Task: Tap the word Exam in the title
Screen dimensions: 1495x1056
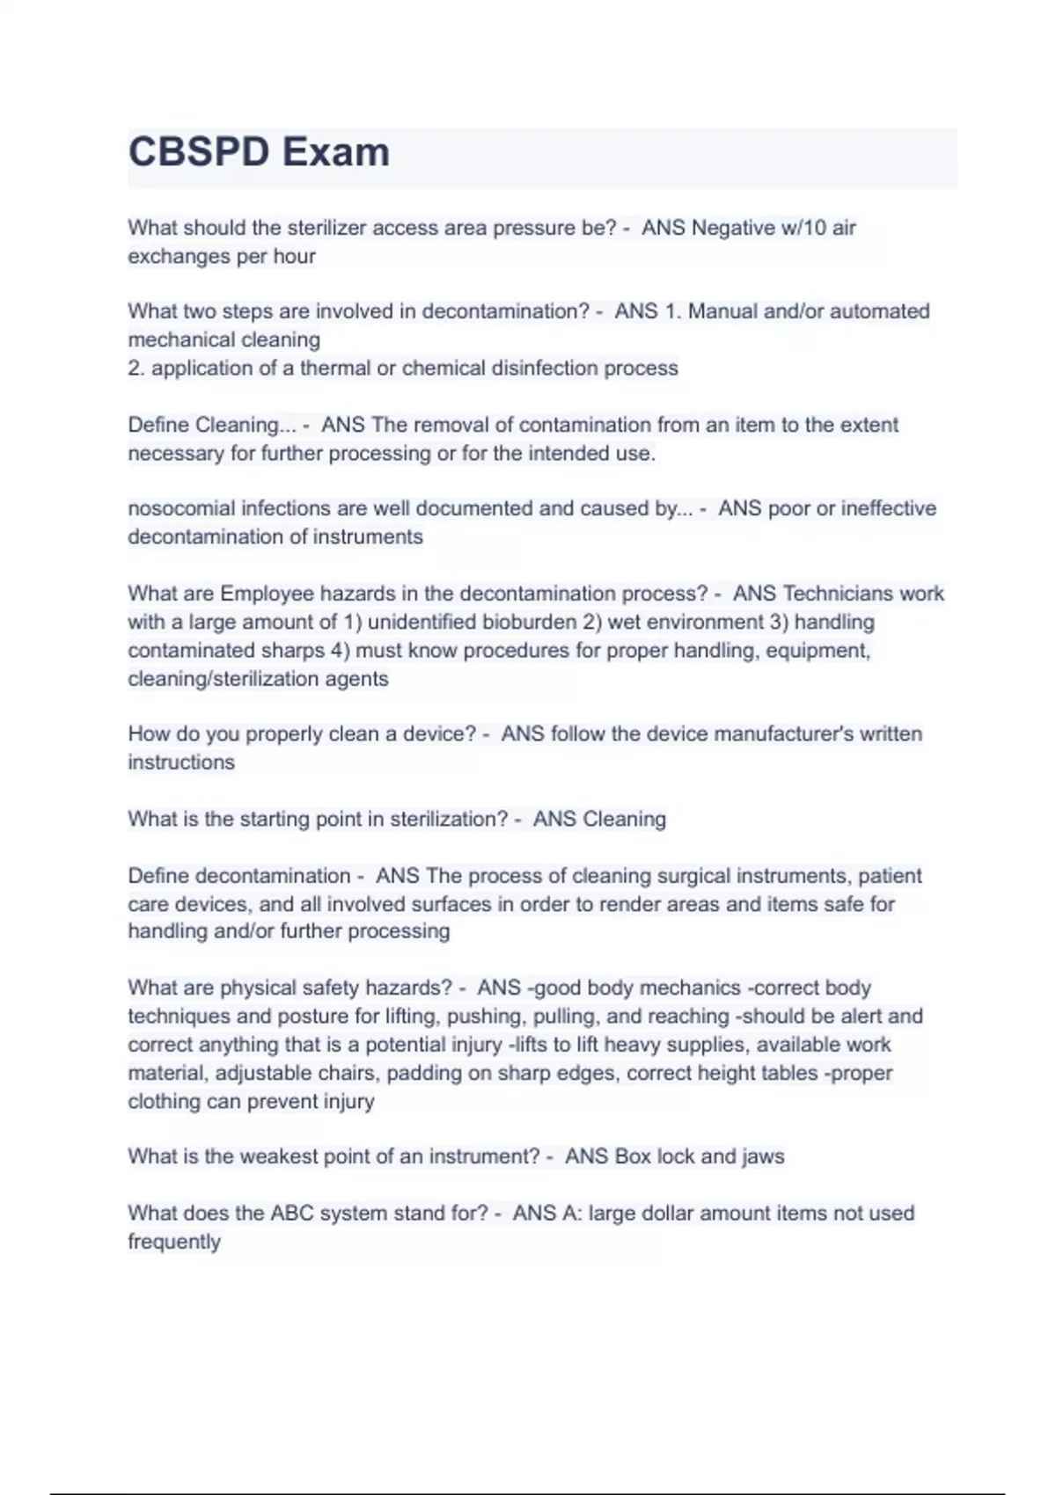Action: (337, 152)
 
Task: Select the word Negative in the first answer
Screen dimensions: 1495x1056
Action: (733, 228)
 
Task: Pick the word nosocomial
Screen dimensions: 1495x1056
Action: (181, 508)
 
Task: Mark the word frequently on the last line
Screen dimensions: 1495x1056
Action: (174, 1242)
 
